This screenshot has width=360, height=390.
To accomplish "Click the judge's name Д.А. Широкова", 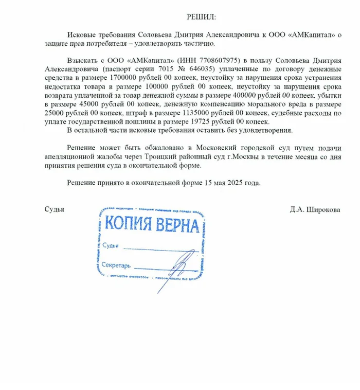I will coord(315,210).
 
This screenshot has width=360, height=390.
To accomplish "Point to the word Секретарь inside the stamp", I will coord(116,266).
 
